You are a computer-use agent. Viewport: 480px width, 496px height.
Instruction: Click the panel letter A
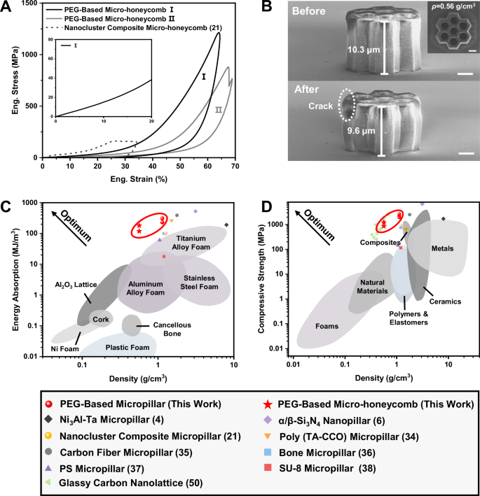point(6,8)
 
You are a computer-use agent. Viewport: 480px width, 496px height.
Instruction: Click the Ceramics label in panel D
point(446,302)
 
